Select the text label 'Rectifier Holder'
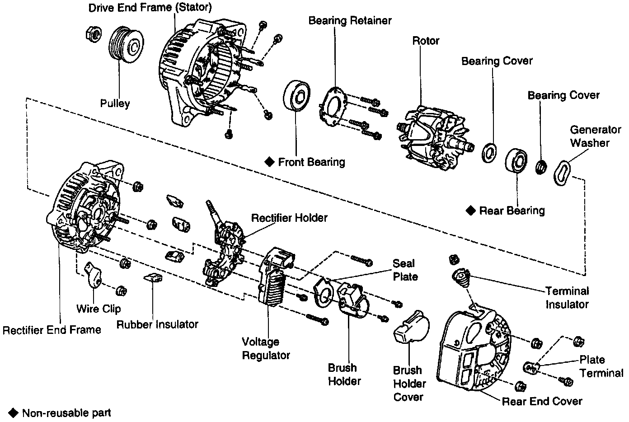click(x=289, y=218)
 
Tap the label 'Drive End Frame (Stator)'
click(x=150, y=8)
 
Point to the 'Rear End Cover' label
click(x=542, y=401)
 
